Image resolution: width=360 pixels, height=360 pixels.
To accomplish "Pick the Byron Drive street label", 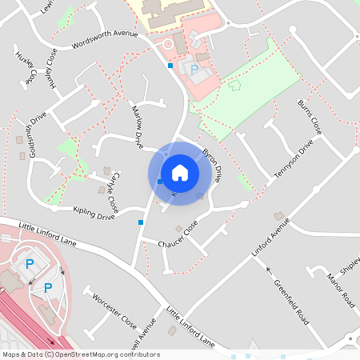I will tap(212, 163).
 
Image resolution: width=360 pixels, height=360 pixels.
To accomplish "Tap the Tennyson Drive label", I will tap(294, 162).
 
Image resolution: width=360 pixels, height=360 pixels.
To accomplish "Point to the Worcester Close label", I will tap(114, 311).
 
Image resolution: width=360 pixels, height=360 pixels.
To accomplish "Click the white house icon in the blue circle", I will tap(180, 173).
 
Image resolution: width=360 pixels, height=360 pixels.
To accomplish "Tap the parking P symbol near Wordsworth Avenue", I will tap(194, 70).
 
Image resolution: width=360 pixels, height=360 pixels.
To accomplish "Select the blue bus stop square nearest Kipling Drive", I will tap(141, 222).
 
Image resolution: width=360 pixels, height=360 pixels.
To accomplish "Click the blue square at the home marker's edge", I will tap(160, 182).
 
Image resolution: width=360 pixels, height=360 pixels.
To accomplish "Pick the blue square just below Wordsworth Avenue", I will tap(170, 66).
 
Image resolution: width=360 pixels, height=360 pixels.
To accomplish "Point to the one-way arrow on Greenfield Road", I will tap(270, 271).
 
